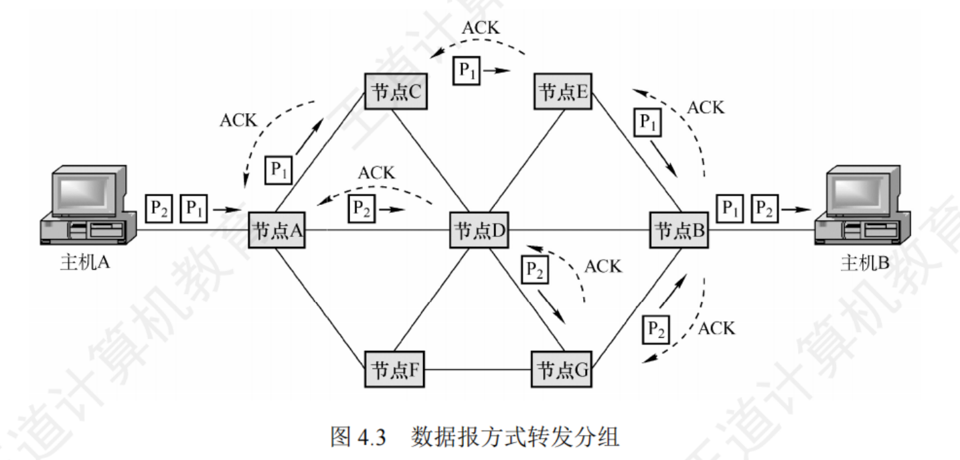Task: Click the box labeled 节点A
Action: tap(277, 231)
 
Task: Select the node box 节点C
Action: tap(395, 92)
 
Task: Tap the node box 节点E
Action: tap(563, 92)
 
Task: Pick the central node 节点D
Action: tap(479, 231)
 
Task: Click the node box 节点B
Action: tap(679, 231)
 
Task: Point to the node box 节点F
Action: tap(395, 369)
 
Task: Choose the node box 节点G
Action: tap(563, 369)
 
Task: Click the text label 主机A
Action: tap(84, 263)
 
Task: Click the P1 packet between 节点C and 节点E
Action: tap(467, 70)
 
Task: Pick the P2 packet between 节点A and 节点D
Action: tap(362, 210)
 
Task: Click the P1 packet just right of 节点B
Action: tap(730, 209)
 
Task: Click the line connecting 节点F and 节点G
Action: tap(479, 369)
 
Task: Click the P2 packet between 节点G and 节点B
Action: tap(655, 328)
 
